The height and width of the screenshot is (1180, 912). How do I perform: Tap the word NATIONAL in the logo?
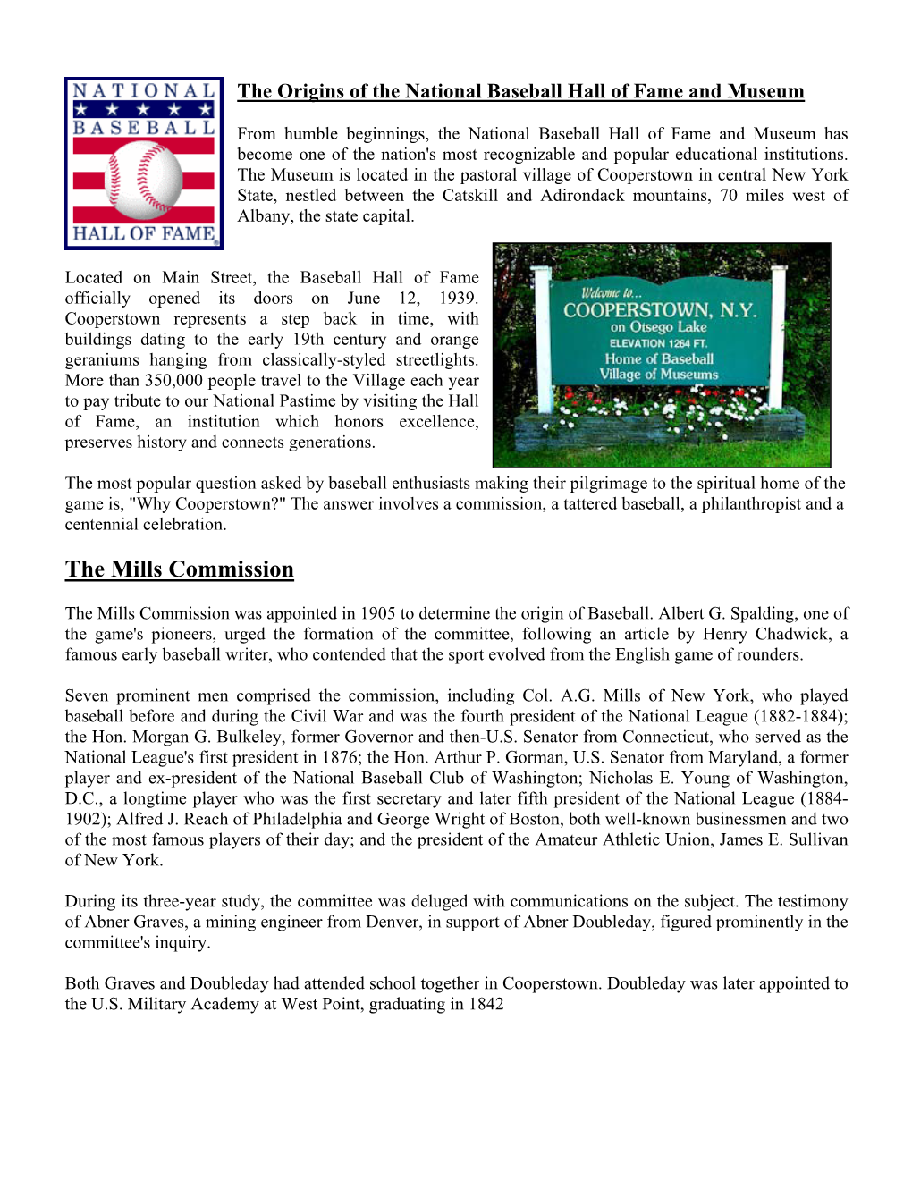pos(143,90)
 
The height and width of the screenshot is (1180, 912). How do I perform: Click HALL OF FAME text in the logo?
pos(143,234)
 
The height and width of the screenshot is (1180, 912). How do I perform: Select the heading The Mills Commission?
pos(179,569)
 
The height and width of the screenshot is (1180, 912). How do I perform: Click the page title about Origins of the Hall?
pos(520,91)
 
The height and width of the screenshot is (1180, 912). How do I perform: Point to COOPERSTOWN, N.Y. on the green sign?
pos(659,310)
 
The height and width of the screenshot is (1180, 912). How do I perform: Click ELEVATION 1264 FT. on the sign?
pos(658,343)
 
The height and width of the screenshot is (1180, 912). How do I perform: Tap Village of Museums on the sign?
pos(659,375)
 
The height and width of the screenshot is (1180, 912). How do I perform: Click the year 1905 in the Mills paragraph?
pos(377,613)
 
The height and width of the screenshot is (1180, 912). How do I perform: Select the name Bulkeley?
pos(234,737)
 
